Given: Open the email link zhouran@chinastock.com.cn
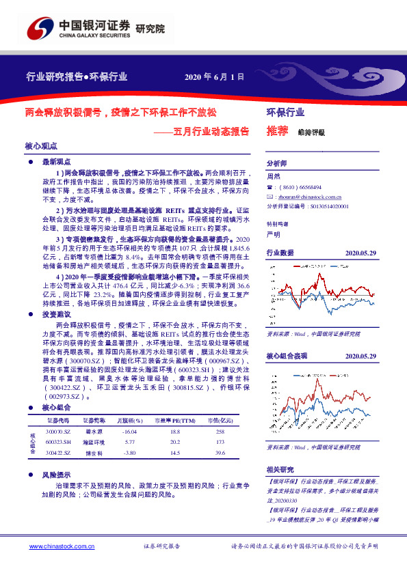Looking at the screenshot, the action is coord(308,195).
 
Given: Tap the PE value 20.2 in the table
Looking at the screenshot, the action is coord(174,443).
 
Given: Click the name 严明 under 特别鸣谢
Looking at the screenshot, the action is coord(273,234).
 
